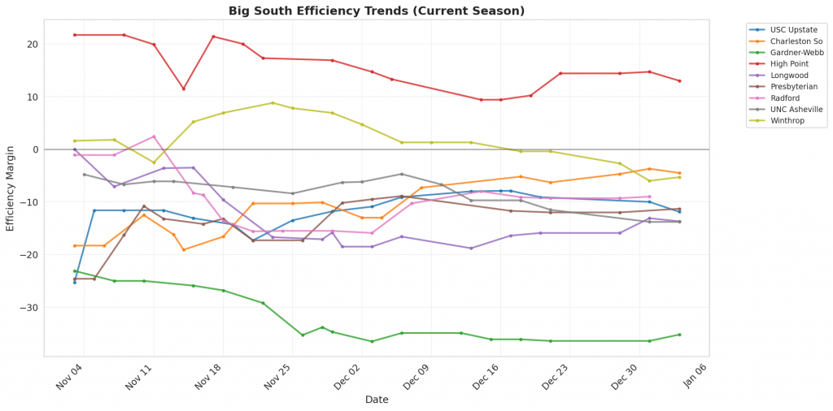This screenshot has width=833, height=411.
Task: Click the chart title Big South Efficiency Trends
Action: point(376,11)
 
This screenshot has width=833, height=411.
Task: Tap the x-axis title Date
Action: point(376,400)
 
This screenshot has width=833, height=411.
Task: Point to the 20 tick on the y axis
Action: point(33,45)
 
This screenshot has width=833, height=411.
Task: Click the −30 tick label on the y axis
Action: point(31,308)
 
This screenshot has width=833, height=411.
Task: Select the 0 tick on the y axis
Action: point(36,149)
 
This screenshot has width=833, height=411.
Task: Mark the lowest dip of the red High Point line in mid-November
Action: point(183,89)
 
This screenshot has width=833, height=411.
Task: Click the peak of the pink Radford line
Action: point(154,136)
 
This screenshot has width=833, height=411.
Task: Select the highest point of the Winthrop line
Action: point(273,103)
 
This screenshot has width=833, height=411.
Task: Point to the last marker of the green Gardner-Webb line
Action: point(679,335)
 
